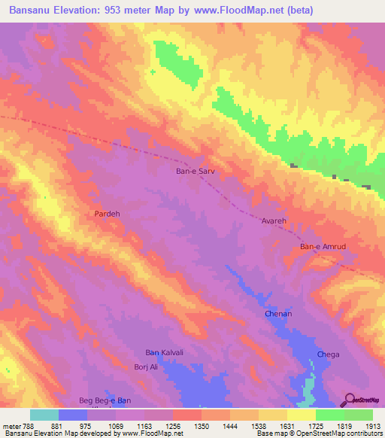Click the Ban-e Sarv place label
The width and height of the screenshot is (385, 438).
pyautogui.click(x=196, y=171)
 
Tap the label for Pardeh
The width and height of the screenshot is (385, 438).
pyautogui.click(x=107, y=214)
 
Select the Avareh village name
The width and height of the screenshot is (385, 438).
pyautogui.click(x=274, y=221)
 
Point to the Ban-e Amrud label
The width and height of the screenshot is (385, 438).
pyautogui.click(x=323, y=247)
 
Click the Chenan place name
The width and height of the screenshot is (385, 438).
pyautogui.click(x=277, y=313)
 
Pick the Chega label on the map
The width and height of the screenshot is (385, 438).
pyautogui.click(x=328, y=354)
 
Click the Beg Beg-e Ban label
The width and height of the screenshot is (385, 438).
pyautogui.click(x=105, y=400)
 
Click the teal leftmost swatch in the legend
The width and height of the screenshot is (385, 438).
pyautogui.click(x=44, y=415)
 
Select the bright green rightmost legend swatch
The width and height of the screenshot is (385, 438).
pyautogui.click(x=358, y=415)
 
